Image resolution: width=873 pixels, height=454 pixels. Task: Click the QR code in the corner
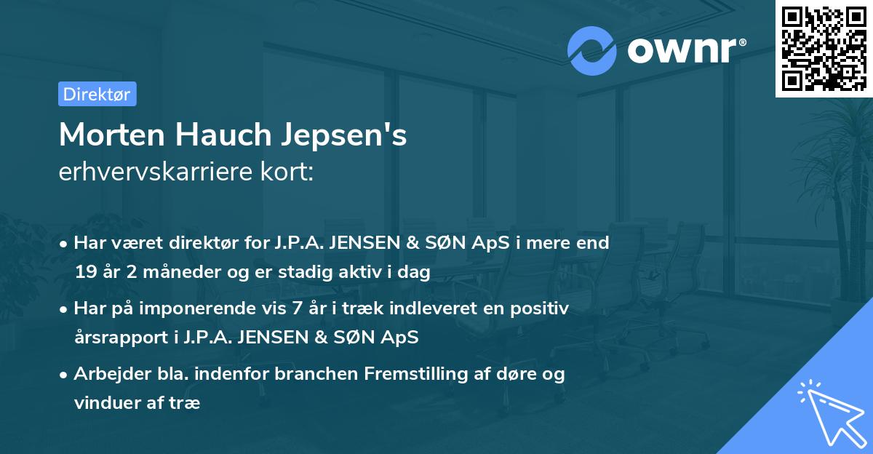coord(824,48)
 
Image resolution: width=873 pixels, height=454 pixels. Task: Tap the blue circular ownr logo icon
coord(592,50)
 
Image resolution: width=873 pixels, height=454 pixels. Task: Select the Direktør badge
coord(97,94)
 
